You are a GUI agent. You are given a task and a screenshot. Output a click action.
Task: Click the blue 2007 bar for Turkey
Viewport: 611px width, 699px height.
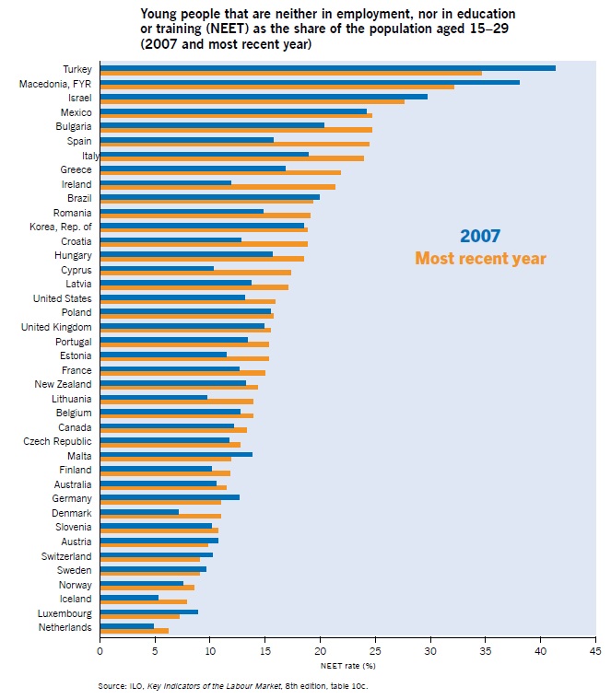[x=327, y=67]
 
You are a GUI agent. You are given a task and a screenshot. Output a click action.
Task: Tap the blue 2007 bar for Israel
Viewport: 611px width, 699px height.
[x=264, y=96]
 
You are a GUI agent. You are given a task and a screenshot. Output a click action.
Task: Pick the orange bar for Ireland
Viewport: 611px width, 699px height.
[x=217, y=187]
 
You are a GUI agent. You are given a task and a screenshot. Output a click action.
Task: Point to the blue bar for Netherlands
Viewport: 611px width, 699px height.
[x=126, y=625]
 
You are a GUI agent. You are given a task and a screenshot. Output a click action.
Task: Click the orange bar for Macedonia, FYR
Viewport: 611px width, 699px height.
[x=276, y=87]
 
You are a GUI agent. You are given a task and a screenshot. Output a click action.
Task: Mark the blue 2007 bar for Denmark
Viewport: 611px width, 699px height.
[x=139, y=511]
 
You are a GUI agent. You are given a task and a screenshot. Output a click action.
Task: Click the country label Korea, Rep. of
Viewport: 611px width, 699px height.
[x=61, y=227]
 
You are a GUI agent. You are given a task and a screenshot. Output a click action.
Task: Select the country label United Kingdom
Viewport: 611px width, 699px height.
[x=56, y=327]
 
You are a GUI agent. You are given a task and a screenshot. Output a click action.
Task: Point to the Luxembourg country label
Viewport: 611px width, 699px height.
[x=65, y=612]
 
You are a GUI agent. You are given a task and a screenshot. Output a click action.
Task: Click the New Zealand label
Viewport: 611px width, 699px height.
[x=63, y=384]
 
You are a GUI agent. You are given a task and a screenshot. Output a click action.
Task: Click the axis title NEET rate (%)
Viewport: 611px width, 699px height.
[x=347, y=664]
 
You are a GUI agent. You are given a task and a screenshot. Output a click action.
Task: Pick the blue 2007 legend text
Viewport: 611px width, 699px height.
[x=480, y=237]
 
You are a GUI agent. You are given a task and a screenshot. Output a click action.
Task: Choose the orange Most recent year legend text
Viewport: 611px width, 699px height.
[x=480, y=259]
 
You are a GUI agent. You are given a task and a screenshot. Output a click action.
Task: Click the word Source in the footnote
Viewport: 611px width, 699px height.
[x=112, y=686]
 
